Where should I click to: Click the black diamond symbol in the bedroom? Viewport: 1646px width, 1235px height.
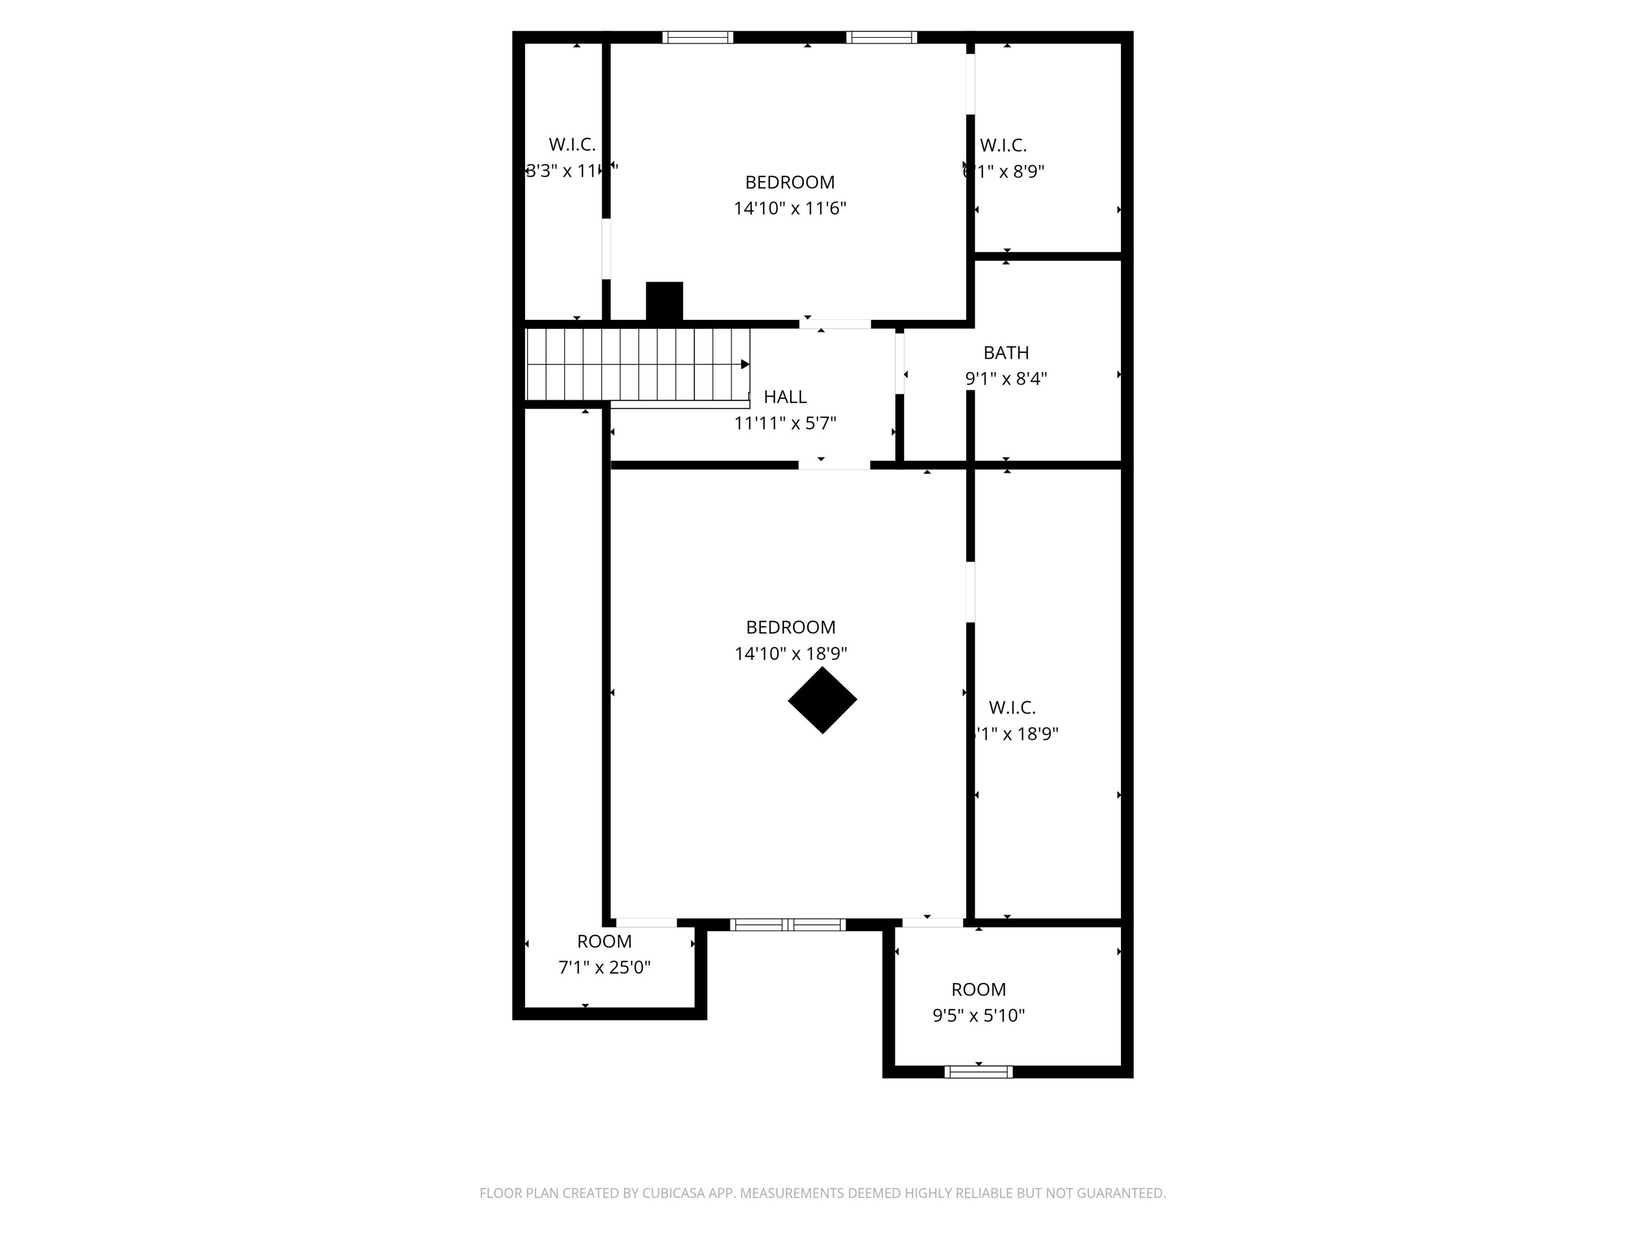pos(822,700)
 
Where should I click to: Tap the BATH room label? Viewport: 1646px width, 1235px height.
pos(1006,353)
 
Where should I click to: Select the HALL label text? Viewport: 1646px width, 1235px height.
pos(785,397)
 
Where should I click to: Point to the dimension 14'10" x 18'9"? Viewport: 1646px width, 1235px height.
pos(790,653)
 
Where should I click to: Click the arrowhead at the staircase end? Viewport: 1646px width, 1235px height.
pos(745,364)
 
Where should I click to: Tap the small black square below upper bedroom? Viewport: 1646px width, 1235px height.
pos(664,301)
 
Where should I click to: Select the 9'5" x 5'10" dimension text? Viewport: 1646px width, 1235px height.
pos(978,1015)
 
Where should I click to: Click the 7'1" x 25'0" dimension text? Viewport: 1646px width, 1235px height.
pos(604,967)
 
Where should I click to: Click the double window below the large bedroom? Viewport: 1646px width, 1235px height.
pos(787,925)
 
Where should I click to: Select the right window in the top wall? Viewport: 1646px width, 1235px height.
pos(881,37)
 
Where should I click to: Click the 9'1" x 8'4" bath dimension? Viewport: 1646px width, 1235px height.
pos(1006,379)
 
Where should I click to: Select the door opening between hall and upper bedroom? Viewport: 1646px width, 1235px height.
pos(835,324)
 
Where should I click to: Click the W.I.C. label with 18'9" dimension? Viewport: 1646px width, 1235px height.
pos(1012,707)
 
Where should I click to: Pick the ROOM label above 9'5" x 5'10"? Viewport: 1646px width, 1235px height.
pos(978,990)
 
